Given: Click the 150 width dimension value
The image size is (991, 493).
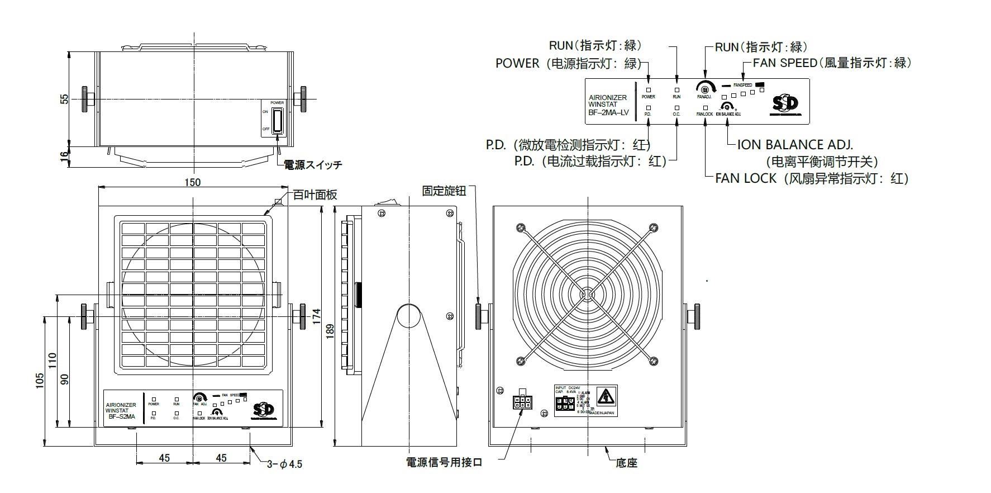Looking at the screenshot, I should tap(192, 182).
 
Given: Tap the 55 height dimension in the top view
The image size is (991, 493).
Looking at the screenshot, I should tap(64, 99).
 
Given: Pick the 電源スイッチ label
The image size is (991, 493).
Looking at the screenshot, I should tap(313, 165).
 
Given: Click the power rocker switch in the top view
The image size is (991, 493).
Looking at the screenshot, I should tap(278, 120).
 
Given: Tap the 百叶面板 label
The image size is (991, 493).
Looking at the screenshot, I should tap(315, 195).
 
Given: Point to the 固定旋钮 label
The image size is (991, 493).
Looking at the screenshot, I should tap(444, 191).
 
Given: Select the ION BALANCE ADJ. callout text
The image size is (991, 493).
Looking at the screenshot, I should tap(795, 145).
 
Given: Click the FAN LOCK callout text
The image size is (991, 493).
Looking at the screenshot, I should tap(746, 178).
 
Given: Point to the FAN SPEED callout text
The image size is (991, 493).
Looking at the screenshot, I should tap(784, 63).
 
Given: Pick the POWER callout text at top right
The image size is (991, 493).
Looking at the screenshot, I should tap(517, 63).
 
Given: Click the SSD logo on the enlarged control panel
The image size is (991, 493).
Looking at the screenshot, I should tap(785, 104).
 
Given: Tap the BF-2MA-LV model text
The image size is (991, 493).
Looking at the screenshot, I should tap(608, 113).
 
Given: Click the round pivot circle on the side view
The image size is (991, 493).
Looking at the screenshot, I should tap(408, 315).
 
